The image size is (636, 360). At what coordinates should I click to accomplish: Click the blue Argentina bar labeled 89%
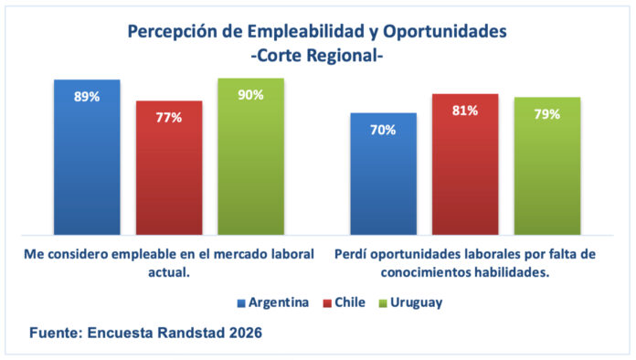tap(87, 157)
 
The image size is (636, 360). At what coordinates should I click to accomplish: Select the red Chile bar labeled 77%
tap(169, 168)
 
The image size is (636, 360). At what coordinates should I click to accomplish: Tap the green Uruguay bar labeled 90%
tap(251, 156)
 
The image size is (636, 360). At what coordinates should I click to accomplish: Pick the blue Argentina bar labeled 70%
tap(383, 174)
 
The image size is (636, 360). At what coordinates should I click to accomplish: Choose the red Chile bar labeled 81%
tap(465, 164)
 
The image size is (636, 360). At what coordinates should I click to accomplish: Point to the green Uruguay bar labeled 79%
tap(547, 166)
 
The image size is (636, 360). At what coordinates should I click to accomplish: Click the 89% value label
tap(87, 97)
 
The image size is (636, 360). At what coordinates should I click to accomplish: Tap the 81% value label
tap(465, 111)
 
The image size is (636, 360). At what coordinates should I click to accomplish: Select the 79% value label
tap(547, 114)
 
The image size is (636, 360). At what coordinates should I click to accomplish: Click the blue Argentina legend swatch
tap(241, 303)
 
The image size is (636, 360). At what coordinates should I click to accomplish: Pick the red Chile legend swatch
tap(327, 303)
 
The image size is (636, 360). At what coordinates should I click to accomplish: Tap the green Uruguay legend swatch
tap(383, 303)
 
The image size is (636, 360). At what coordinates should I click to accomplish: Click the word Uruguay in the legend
tap(416, 302)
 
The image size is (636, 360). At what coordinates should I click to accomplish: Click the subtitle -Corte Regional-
tap(317, 56)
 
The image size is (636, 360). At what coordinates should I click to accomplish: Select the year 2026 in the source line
tap(246, 333)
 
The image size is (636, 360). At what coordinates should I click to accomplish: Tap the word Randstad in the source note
tap(191, 333)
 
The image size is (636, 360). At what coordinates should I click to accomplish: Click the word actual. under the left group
tap(169, 272)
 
